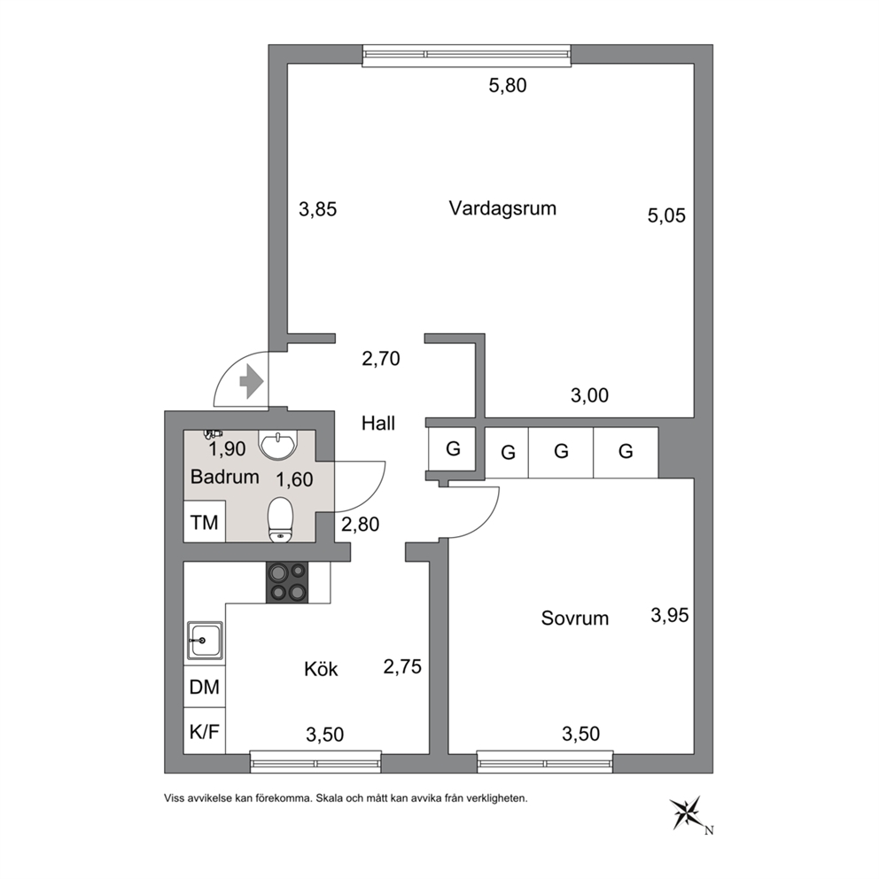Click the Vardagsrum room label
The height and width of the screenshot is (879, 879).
tap(502, 208)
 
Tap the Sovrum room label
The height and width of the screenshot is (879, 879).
tap(574, 618)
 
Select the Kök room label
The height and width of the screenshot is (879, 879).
tap(322, 669)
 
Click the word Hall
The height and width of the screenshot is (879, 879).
tap(378, 424)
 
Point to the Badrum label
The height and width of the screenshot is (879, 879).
tap(225, 477)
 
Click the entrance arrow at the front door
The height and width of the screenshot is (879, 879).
tap(252, 382)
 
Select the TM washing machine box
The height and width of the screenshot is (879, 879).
tap(205, 521)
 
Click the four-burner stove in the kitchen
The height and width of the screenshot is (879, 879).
tap(287, 582)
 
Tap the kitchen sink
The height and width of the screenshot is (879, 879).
tap(205, 640)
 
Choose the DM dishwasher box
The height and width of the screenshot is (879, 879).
tap(205, 687)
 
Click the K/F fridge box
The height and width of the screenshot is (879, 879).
tap(205, 731)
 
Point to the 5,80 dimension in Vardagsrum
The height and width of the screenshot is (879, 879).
tap(508, 86)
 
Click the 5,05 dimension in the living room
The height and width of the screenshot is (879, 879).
tap(666, 216)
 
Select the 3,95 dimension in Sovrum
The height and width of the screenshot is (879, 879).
tap(669, 616)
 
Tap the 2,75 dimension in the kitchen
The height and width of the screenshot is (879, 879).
tap(402, 666)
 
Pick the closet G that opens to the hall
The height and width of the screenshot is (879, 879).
tap(453, 448)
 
